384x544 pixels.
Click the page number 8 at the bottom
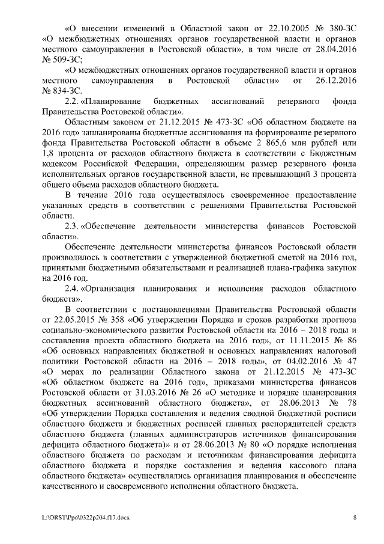click(x=355, y=517)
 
